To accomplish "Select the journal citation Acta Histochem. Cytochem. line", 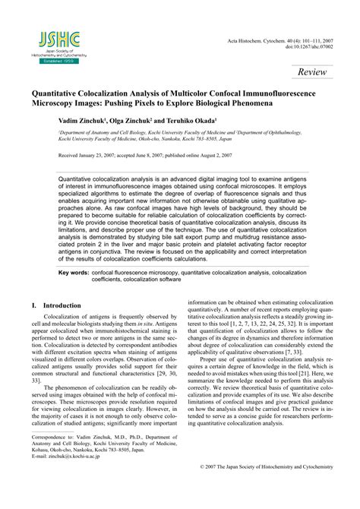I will coord(285,38).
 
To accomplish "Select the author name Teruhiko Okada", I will coord(197,121).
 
